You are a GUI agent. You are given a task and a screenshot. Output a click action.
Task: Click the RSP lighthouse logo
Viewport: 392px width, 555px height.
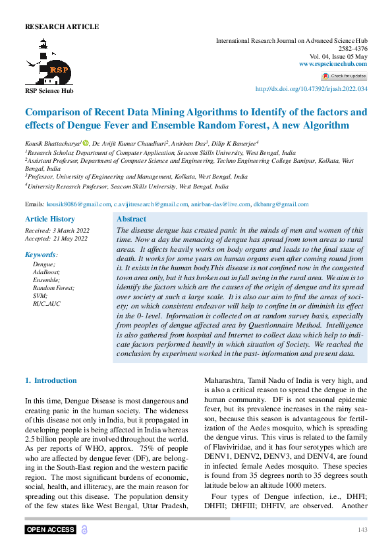(48, 61)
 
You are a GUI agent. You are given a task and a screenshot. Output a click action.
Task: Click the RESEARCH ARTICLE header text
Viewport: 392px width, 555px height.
(61, 27)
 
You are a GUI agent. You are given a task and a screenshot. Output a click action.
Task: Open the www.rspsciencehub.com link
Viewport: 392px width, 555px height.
(333, 64)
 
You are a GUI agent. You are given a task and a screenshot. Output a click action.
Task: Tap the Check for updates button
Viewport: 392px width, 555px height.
(343, 76)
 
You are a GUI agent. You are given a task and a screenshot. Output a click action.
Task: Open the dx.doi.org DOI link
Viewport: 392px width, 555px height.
(311, 89)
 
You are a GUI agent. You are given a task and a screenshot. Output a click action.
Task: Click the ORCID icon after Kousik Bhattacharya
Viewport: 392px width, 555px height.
(85, 143)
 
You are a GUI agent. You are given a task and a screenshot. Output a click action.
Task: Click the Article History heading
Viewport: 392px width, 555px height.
(50, 219)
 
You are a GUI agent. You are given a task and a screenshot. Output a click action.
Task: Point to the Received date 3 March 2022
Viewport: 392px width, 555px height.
(57, 230)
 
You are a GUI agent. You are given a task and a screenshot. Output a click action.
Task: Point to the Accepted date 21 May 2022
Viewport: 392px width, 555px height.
(56, 239)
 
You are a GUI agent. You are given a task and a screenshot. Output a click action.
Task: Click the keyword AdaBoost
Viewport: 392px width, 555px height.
(46, 272)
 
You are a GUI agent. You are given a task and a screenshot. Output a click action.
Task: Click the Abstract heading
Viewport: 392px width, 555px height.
(131, 219)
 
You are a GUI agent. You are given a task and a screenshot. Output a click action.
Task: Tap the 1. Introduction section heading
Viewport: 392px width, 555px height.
(51, 380)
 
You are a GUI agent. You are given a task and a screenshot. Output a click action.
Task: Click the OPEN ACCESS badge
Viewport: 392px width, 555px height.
(50, 530)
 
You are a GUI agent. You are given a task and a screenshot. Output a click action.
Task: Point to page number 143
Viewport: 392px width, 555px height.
(362, 530)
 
